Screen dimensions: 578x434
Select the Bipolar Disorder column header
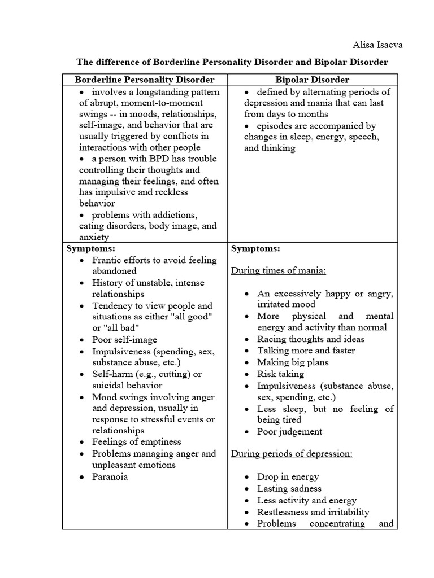tap(313, 80)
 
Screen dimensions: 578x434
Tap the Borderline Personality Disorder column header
tap(145, 80)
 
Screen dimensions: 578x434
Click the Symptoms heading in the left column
tap(90, 248)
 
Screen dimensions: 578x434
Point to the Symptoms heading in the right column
tap(255, 248)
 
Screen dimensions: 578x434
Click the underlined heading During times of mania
tap(279, 270)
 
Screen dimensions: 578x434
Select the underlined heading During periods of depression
tap(292, 454)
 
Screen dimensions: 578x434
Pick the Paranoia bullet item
tap(110, 476)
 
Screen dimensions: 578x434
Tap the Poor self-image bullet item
tap(125, 340)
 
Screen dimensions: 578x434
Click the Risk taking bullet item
tap(280, 374)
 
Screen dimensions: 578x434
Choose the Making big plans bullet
tap(293, 362)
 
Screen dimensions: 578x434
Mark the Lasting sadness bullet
tap(289, 488)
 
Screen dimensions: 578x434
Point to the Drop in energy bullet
tap(288, 477)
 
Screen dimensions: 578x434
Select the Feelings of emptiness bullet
tap(137, 442)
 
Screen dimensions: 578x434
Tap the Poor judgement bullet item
tap(290, 432)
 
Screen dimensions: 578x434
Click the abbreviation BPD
tap(150, 159)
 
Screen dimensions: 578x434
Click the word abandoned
tap(115, 272)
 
